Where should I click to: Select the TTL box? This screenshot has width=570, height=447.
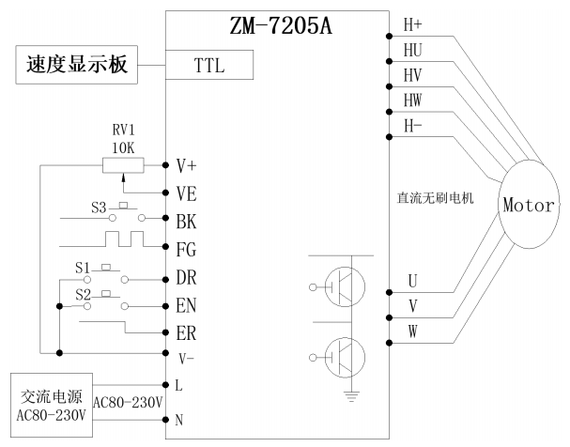[208, 66]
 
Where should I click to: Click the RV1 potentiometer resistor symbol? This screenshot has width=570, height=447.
[121, 164]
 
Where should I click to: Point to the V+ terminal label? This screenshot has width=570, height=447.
[186, 165]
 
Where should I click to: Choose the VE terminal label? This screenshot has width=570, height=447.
[186, 193]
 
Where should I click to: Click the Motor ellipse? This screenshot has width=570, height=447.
[530, 204]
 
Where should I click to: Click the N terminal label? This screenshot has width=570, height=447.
[178, 421]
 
